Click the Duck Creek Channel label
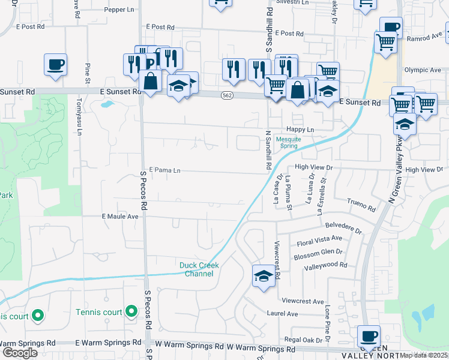click(x=199, y=269)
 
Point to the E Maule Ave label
click(x=120, y=215)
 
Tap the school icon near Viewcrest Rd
click(x=263, y=277)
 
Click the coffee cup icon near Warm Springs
click(x=369, y=336)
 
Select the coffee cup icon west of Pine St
click(x=55, y=64)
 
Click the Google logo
click(x=20, y=353)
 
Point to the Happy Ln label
click(x=301, y=130)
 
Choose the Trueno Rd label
click(x=361, y=208)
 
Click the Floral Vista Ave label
click(x=319, y=244)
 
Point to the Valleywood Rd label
click(x=326, y=265)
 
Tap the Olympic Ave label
click(x=423, y=70)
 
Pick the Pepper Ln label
click(x=119, y=10)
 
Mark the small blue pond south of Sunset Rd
click(x=106, y=104)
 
